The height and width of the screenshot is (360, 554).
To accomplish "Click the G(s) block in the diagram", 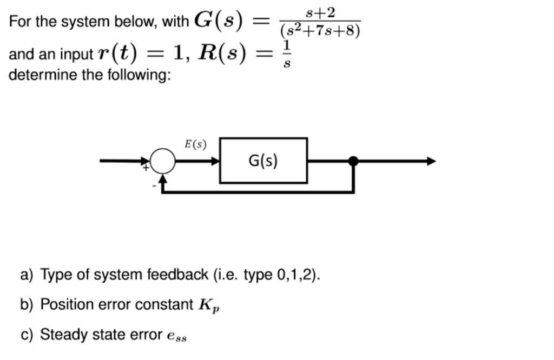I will [x=263, y=161].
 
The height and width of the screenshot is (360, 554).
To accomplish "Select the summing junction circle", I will [x=162, y=161].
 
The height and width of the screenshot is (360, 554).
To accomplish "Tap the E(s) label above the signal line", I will [x=195, y=144].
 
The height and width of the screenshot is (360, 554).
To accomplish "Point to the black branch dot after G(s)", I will [x=353, y=161].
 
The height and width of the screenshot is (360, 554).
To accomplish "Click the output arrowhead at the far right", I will [x=431, y=161].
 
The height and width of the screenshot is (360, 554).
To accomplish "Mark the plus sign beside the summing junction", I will [x=145, y=169].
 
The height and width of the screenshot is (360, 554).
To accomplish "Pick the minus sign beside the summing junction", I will [x=154, y=185].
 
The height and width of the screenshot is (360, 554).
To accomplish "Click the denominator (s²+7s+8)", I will [x=320, y=30].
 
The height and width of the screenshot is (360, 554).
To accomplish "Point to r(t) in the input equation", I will [x=117, y=54].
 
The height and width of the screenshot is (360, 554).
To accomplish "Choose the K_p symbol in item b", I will [x=208, y=305].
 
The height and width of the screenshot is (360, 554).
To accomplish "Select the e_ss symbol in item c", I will [x=177, y=336].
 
